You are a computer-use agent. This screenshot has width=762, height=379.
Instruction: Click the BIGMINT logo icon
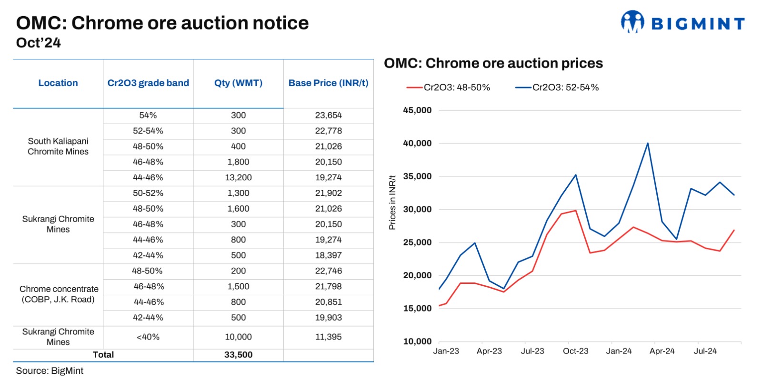tap(632, 22)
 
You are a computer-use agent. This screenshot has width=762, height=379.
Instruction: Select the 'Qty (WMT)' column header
tap(238, 83)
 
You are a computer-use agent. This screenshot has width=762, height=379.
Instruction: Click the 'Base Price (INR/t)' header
tap(328, 83)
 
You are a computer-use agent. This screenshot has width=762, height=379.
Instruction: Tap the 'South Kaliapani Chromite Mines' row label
tap(58, 146)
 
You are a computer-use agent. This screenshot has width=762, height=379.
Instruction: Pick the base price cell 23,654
tap(328, 116)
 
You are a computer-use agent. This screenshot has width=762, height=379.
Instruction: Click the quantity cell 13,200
tap(238, 177)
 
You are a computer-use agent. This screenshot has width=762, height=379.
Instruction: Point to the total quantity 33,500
tap(238, 355)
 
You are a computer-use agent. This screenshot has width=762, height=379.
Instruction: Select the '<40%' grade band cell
tap(148, 337)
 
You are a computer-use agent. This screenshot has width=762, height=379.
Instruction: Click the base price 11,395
tap(328, 337)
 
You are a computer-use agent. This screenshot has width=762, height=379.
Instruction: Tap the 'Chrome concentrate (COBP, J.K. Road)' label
tap(59, 294)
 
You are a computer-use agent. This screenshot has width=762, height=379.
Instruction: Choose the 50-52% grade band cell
tap(148, 193)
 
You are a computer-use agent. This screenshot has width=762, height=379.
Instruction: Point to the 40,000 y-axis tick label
tap(417, 143)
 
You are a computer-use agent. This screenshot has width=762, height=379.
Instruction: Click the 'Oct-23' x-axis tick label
tap(575, 351)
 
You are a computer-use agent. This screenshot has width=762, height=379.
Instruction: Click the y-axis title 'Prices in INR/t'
tap(392, 203)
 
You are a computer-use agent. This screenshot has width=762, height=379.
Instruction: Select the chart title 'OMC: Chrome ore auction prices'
tap(493, 63)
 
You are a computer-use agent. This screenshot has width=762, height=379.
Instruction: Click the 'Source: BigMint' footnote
tap(50, 371)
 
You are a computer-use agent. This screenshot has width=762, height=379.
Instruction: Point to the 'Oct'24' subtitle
tap(39, 43)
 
